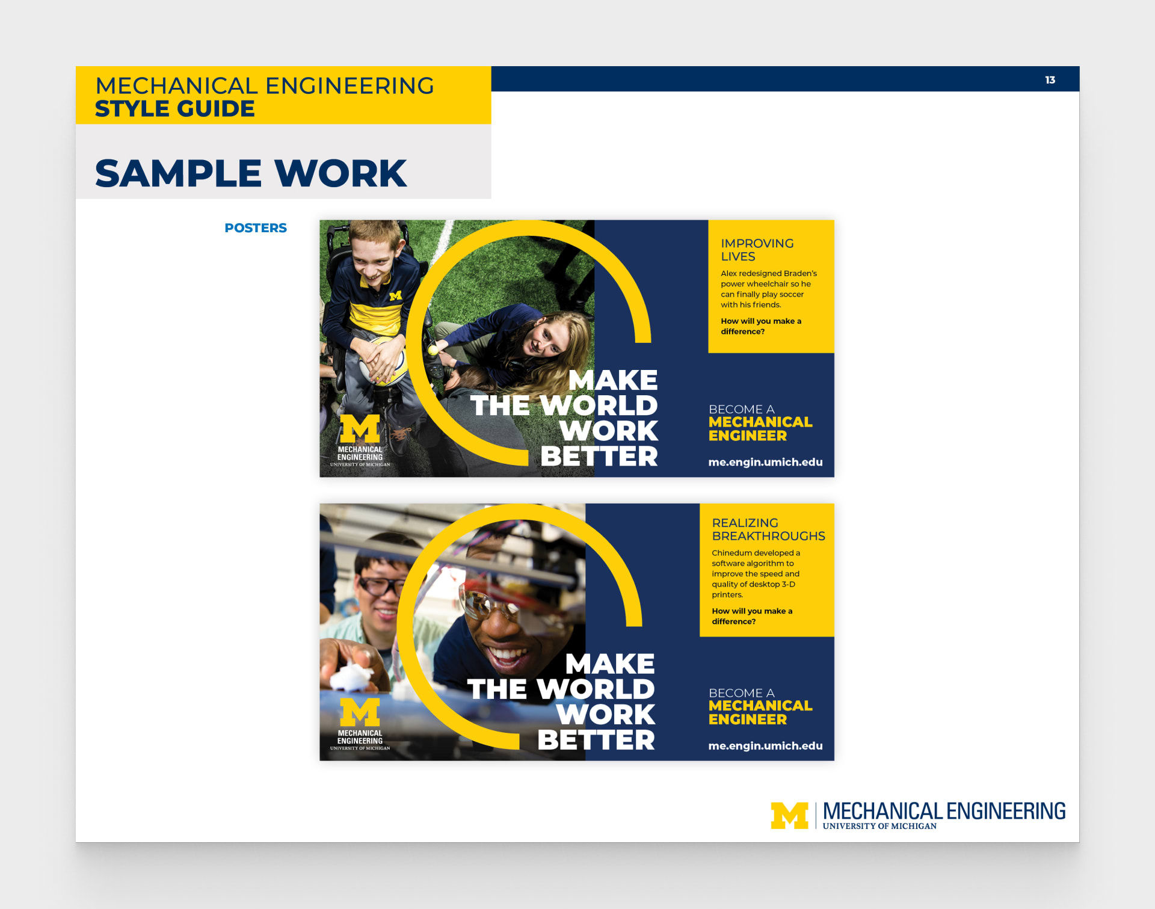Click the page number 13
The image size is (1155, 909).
pyautogui.click(x=1050, y=80)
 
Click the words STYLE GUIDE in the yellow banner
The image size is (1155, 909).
pyautogui.click(x=175, y=109)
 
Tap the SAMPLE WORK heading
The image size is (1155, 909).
pyautogui.click(x=251, y=173)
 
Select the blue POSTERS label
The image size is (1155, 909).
pyautogui.click(x=256, y=228)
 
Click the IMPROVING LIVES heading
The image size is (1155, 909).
pyautogui.click(x=757, y=250)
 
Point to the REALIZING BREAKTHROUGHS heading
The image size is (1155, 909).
pyautogui.click(x=768, y=529)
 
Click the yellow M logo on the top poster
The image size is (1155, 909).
pyautogui.click(x=360, y=428)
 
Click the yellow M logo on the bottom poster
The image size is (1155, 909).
pyautogui.click(x=360, y=712)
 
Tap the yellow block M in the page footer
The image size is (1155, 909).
pyautogui.click(x=789, y=816)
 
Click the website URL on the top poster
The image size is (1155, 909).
pyautogui.click(x=765, y=462)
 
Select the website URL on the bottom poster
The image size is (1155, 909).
pyautogui.click(x=765, y=746)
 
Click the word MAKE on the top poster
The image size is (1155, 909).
pyautogui.click(x=613, y=380)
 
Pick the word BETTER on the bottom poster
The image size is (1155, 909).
pyautogui.click(x=596, y=740)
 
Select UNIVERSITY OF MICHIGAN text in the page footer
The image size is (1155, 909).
pyautogui.click(x=879, y=827)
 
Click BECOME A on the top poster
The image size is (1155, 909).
pyautogui.click(x=741, y=409)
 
